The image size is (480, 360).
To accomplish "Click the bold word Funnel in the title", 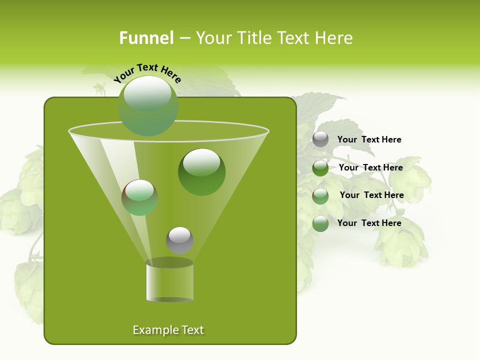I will tap(146, 38).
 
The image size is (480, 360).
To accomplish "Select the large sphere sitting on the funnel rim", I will tap(148, 105).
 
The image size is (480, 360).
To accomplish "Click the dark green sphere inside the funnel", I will tap(201, 172).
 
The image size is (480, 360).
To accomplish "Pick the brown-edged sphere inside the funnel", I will tap(139, 197).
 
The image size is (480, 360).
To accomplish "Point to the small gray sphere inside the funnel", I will tap(179, 240).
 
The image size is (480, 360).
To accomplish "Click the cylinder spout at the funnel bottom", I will tap(169, 281).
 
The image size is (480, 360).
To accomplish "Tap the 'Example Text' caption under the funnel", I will tap(168, 330).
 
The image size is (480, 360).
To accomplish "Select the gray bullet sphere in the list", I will tap(320, 139).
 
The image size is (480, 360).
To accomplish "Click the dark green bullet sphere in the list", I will tap(320, 168).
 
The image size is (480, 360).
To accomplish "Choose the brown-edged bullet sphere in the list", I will tap(320, 196).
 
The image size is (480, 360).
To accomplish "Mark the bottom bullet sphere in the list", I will tap(320, 223).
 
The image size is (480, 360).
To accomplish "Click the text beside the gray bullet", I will tap(369, 139).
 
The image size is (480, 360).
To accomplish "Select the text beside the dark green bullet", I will tap(370, 167).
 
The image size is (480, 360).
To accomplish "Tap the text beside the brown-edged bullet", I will tap(371, 195).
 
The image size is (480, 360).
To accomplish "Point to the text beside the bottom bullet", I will tap(369, 223).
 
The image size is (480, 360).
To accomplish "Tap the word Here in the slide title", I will tap(334, 38).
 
